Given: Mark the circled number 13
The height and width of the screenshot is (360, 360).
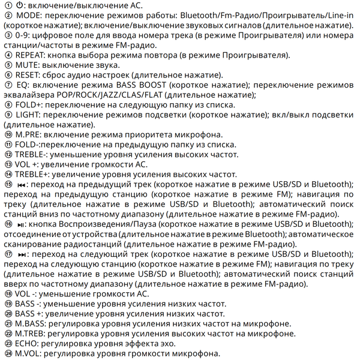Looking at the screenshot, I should [7, 165].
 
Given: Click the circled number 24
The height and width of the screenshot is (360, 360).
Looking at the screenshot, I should [7, 353].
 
